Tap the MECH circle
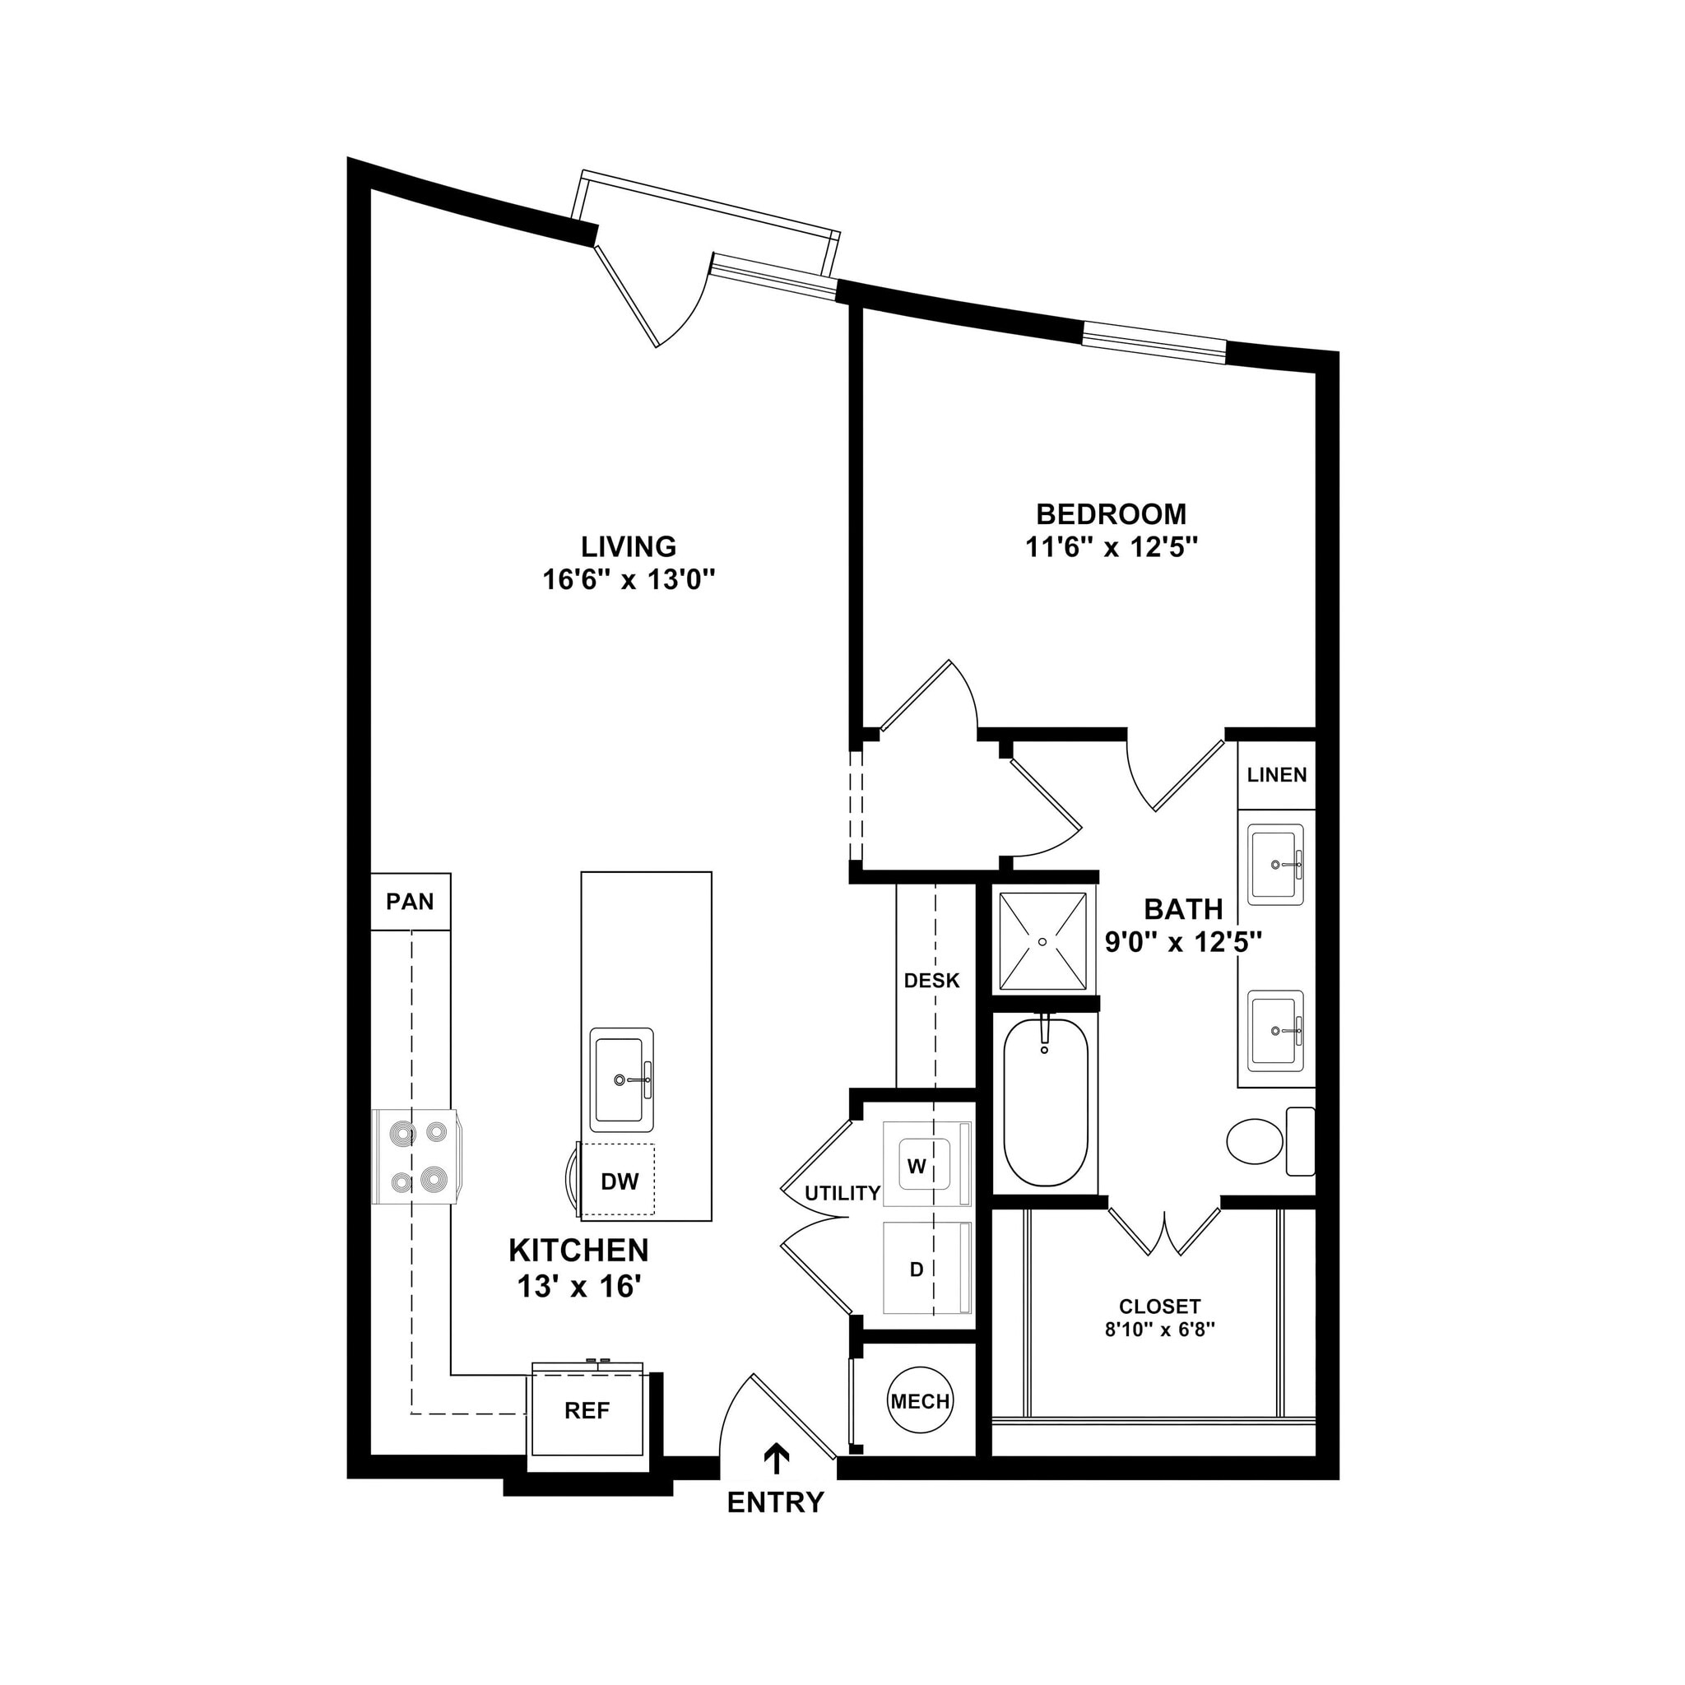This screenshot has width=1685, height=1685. (x=919, y=1401)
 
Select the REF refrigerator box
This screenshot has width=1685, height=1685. (x=586, y=1410)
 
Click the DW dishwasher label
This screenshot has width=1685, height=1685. (x=620, y=1181)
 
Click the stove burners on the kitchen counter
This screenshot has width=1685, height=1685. (x=417, y=1157)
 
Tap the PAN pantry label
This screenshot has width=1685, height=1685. (x=410, y=901)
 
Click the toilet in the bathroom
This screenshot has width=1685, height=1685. (x=1256, y=1141)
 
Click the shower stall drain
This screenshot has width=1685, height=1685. (x=1043, y=941)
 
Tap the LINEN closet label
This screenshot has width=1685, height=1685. (x=1276, y=774)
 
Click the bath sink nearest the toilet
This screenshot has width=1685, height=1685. (x=1275, y=1031)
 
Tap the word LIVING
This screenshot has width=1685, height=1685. (x=628, y=546)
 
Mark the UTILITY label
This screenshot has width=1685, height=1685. (x=842, y=1193)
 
